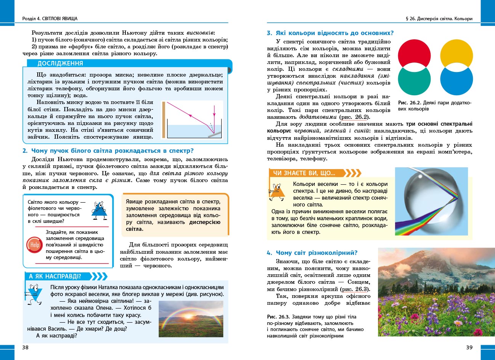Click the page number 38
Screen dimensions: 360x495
point(26,347)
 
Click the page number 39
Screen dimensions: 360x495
point(469,347)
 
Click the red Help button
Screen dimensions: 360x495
point(35,245)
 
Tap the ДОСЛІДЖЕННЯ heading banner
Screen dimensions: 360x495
point(60,64)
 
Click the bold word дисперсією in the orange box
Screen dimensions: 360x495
point(205,222)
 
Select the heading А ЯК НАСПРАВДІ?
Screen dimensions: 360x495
point(55,276)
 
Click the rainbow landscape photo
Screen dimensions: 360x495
point(191,319)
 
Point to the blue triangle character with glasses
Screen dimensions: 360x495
point(99,211)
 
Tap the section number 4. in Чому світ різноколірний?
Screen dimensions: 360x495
point(269,253)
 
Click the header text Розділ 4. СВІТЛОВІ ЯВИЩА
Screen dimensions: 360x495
point(50,18)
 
